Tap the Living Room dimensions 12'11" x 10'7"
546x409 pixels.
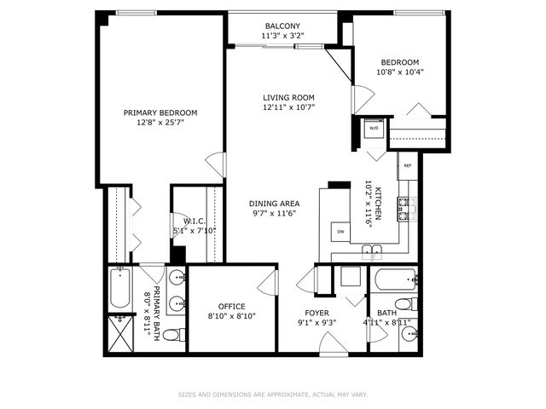point(288,107)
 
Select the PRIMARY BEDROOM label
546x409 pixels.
point(160,112)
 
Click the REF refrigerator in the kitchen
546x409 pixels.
point(407,166)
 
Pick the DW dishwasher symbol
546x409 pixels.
point(340,232)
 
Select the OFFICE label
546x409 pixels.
point(231,306)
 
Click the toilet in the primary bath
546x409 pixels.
point(171,335)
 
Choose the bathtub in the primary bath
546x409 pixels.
point(119,290)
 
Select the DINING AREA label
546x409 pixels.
point(274,204)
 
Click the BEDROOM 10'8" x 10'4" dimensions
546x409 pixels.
point(400,72)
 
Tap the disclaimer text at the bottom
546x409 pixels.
point(273,395)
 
